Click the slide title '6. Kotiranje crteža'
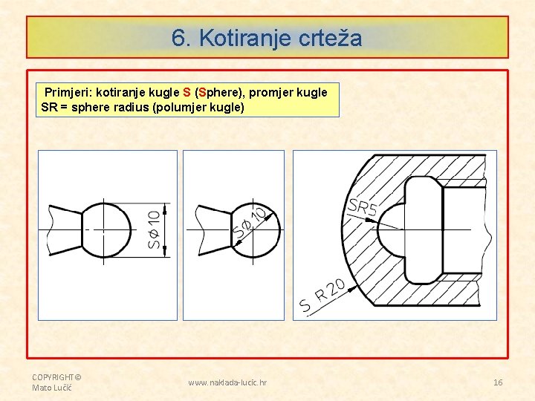(267, 37)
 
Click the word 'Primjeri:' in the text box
(68, 93)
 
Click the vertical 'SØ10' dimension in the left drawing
(153, 229)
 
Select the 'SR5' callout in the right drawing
(363, 207)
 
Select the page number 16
(498, 382)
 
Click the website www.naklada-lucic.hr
(227, 382)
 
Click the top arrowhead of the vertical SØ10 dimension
(164, 207)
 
